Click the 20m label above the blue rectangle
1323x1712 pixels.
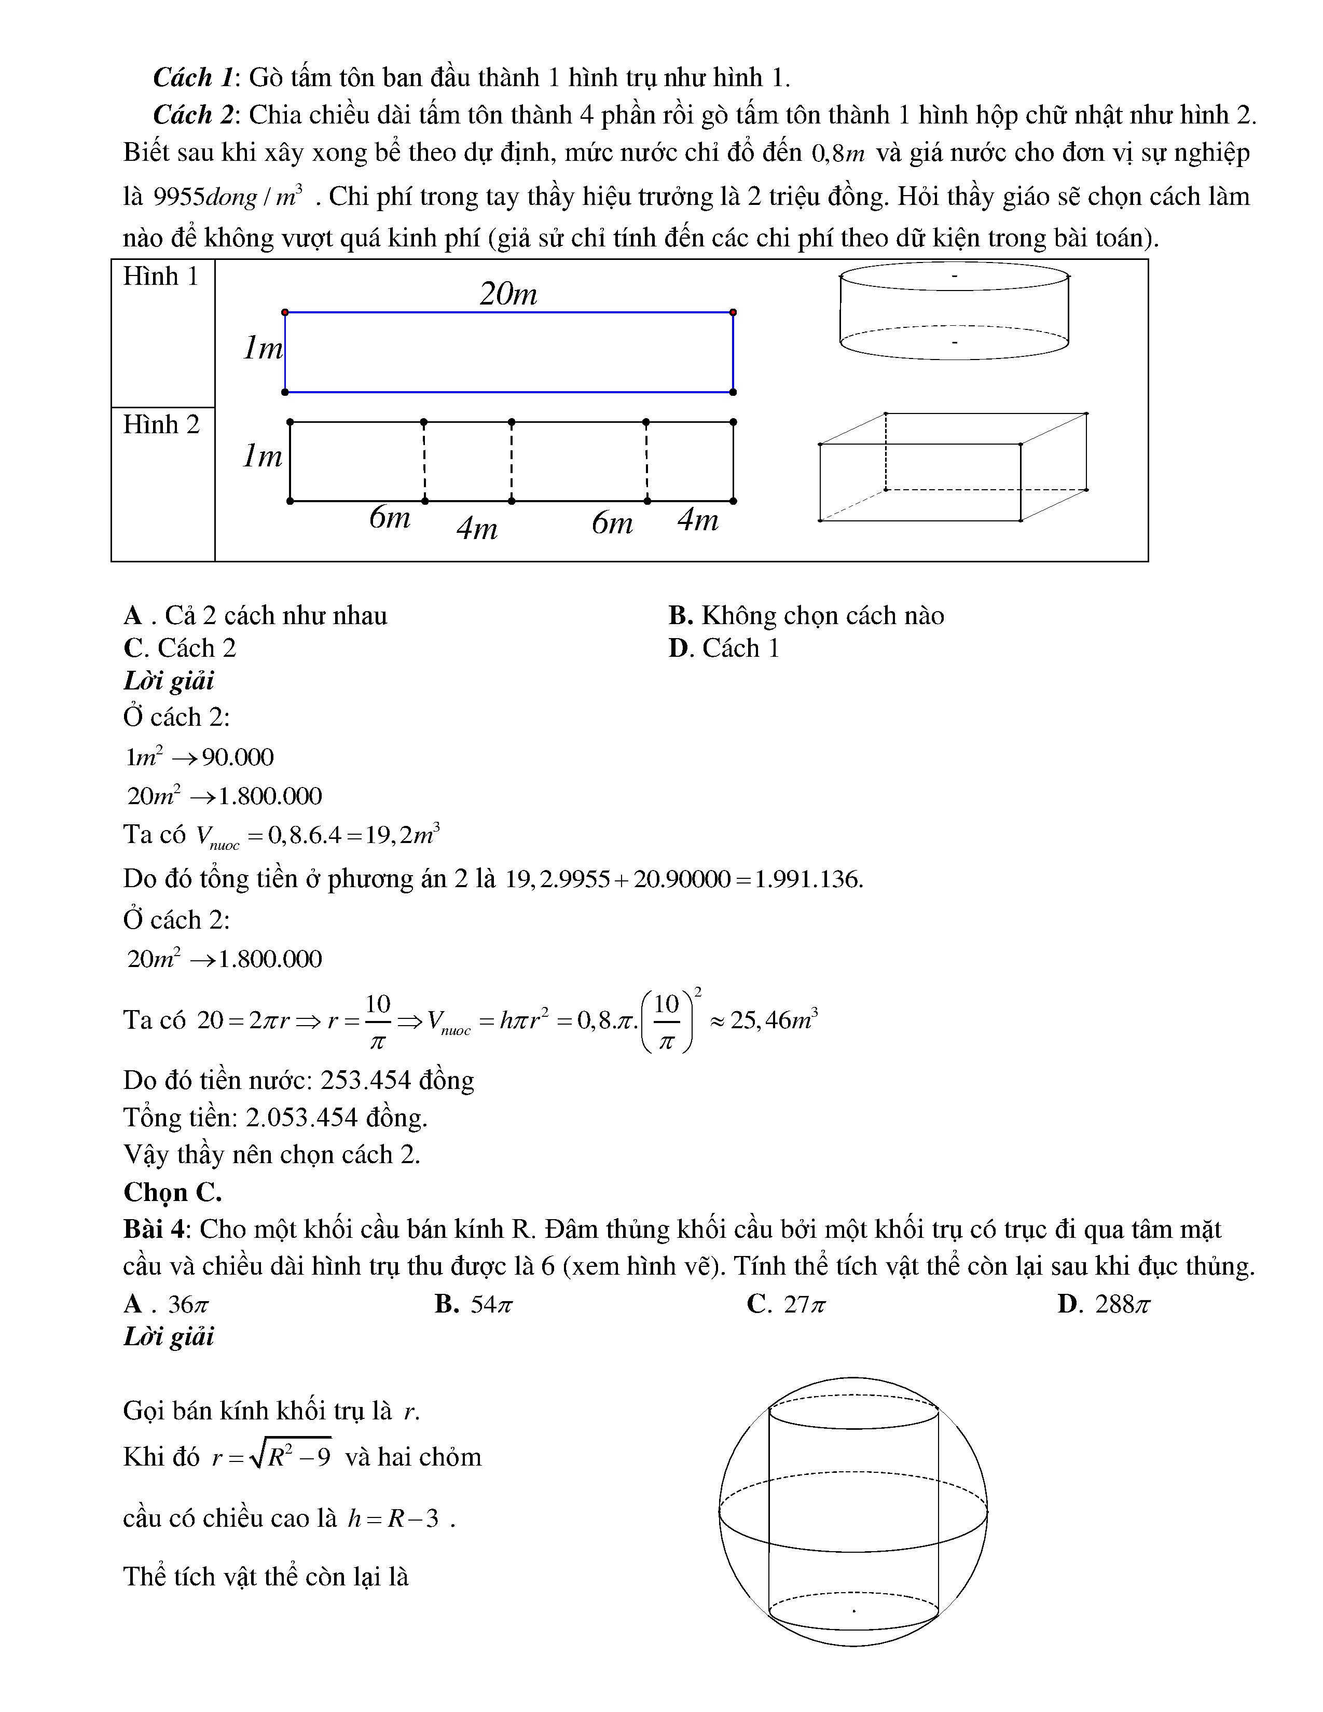tap(508, 295)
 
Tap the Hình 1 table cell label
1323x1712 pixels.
tap(161, 277)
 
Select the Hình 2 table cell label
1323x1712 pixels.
tap(161, 425)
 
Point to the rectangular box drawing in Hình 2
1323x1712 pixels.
tap(953, 467)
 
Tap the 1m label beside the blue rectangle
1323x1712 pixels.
tap(263, 348)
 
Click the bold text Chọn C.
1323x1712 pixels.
tap(172, 1192)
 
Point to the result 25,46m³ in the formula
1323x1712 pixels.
tap(774, 1020)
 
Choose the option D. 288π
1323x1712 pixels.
tap(1104, 1304)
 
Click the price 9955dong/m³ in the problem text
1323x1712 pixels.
tap(227, 197)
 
